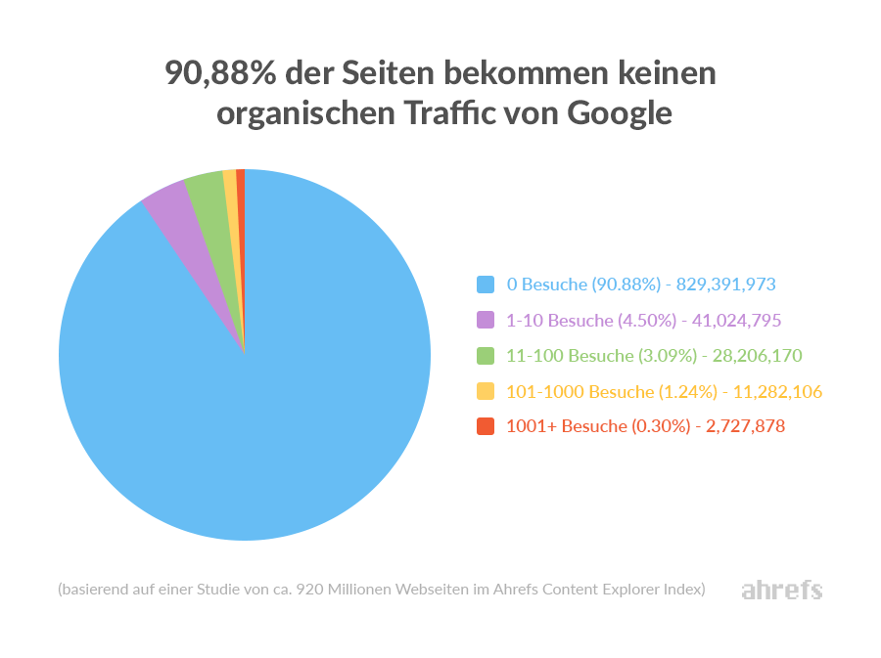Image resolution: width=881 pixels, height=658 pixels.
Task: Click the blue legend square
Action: point(485,285)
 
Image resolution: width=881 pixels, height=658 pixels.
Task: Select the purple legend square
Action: point(485,320)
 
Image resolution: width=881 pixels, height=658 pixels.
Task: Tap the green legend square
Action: point(485,355)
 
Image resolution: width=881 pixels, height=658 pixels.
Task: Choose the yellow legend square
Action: point(485,391)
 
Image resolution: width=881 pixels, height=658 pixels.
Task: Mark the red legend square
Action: point(485,426)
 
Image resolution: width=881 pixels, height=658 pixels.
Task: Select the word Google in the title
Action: point(620,113)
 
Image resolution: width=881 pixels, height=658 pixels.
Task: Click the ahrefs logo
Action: point(781,590)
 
